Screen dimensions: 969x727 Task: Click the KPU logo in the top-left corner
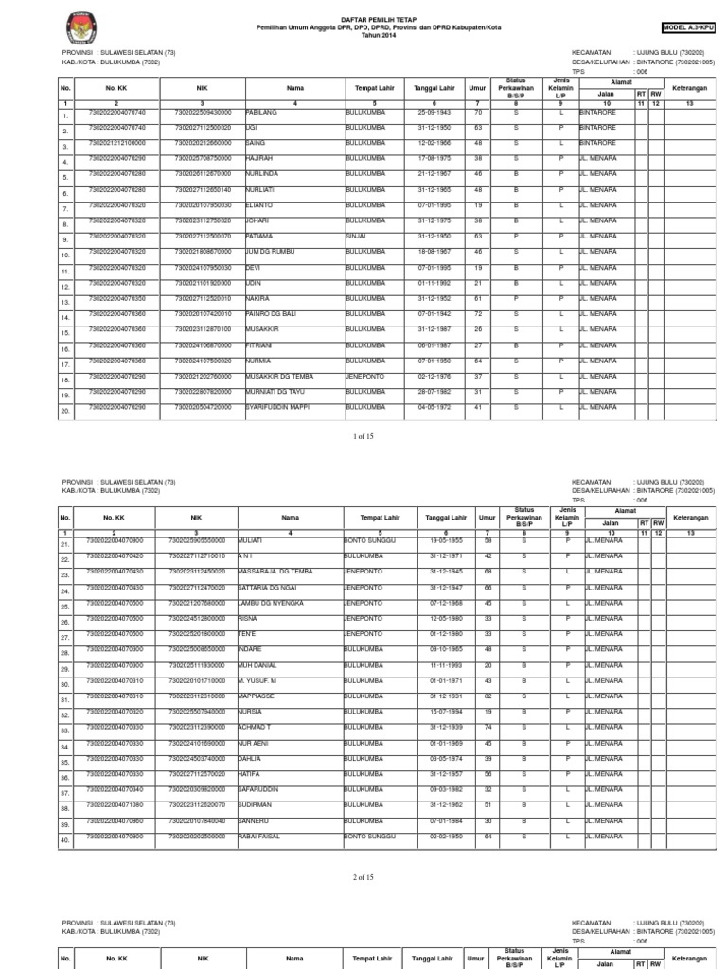pos(74,26)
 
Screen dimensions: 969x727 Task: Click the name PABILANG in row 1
pos(260,112)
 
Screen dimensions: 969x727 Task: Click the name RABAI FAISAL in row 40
pos(266,836)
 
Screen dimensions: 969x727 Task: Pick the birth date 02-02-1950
pos(436,836)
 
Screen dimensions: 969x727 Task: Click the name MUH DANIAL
pos(265,664)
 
